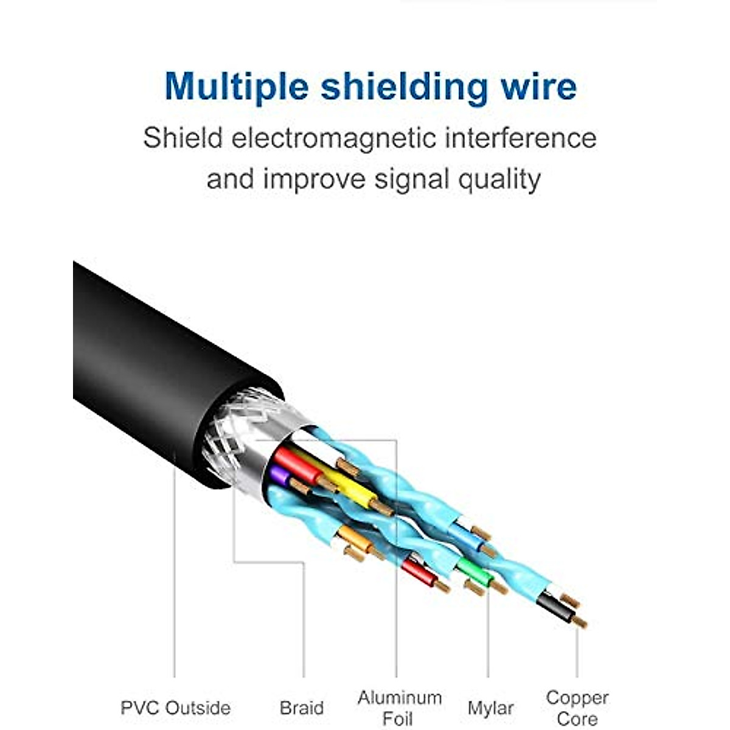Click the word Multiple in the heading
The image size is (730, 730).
tap(237, 88)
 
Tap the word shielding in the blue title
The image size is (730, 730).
tap(404, 88)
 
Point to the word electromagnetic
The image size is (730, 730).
tap(333, 139)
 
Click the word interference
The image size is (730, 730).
tap(521, 138)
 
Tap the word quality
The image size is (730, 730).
tap(499, 179)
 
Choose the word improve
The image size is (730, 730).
tap(314, 179)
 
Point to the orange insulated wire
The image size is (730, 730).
tap(355, 540)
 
